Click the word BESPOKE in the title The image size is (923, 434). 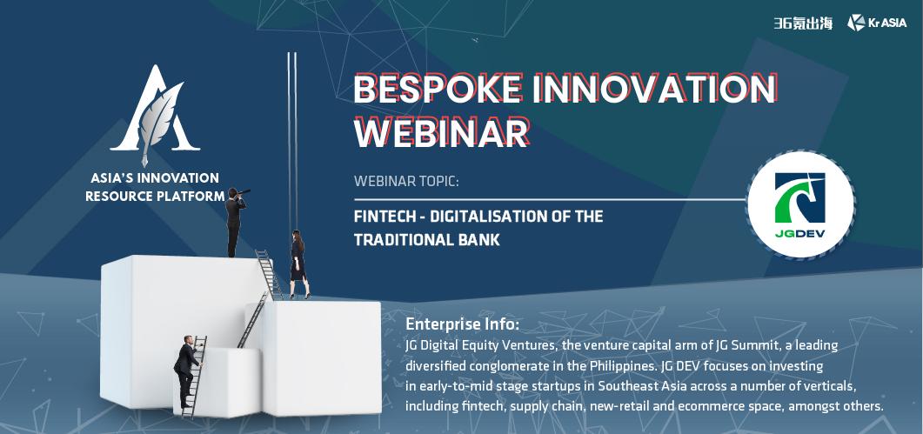point(438,90)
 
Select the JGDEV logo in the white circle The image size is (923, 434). point(800,205)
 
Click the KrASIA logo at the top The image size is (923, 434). point(877,23)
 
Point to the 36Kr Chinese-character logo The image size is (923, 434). point(803,23)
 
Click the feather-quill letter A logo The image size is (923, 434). point(156,115)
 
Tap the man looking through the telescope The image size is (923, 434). point(236,222)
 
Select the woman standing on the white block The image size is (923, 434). point(298,264)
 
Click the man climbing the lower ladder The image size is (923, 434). point(188,371)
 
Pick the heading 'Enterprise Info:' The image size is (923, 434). point(463,324)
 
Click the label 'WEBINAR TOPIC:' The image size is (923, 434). point(406,181)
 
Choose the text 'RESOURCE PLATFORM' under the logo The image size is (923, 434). point(156,196)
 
